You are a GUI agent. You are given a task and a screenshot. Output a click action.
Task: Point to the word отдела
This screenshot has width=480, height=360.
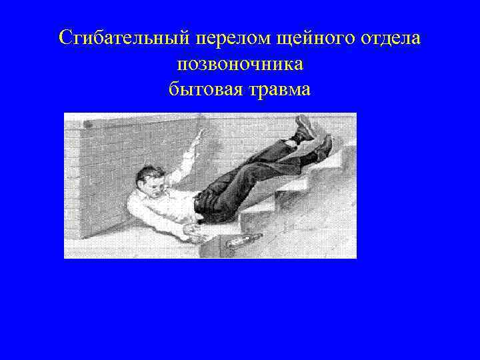click(x=391, y=38)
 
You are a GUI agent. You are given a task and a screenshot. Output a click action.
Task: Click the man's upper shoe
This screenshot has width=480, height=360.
click(x=306, y=126)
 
